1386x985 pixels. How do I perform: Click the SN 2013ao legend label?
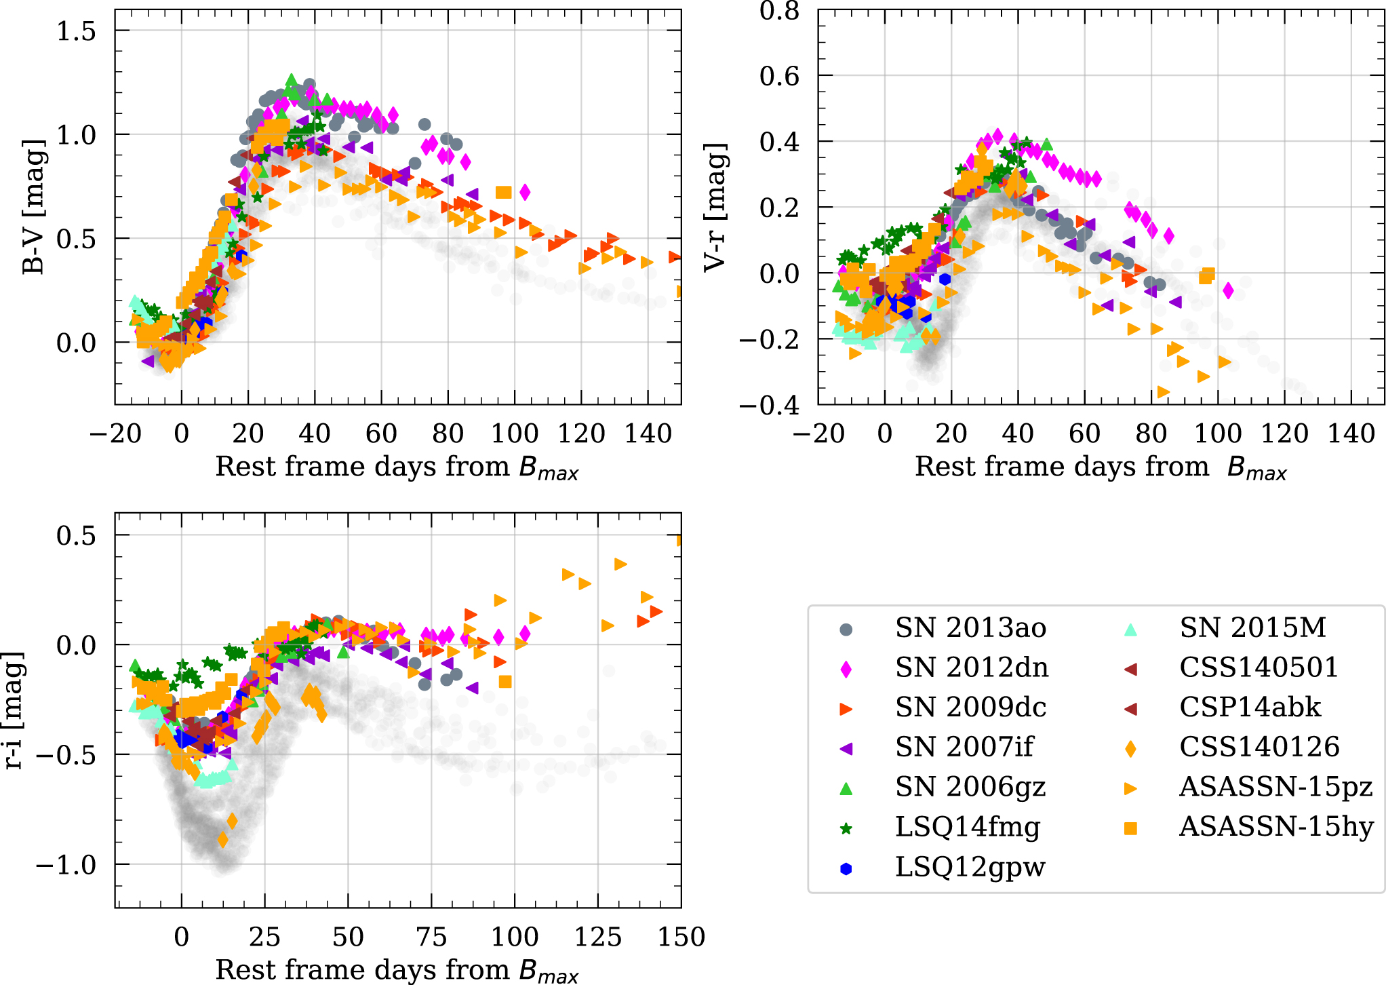(970, 628)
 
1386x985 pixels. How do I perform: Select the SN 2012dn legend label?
(972, 668)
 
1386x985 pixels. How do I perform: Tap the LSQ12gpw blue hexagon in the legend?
(846, 868)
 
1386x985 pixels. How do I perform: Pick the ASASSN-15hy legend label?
(1276, 827)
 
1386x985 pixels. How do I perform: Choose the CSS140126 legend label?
(1259, 748)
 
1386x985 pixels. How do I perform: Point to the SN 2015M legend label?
(1252, 628)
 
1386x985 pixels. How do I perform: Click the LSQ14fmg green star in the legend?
(846, 828)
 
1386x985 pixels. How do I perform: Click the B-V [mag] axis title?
(34, 207)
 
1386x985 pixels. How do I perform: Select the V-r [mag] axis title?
(715, 207)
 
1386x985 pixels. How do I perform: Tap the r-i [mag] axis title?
(15, 710)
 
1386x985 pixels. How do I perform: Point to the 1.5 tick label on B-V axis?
(76, 31)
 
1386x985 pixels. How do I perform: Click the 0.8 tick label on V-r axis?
(779, 11)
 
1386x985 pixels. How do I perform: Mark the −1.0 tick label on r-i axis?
(66, 866)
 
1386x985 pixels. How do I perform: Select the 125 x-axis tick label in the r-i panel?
(598, 937)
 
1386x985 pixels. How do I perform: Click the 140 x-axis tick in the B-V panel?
(648, 433)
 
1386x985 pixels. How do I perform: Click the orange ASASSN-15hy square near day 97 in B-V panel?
(503, 193)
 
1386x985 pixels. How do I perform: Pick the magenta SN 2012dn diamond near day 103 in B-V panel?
(525, 192)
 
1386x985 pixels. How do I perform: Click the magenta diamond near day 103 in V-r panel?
(1228, 291)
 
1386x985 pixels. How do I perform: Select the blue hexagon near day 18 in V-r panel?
(945, 279)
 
